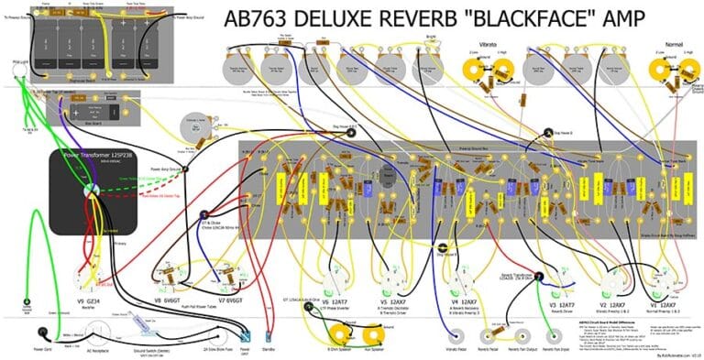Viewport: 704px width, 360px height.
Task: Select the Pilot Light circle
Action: tap(17, 75)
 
